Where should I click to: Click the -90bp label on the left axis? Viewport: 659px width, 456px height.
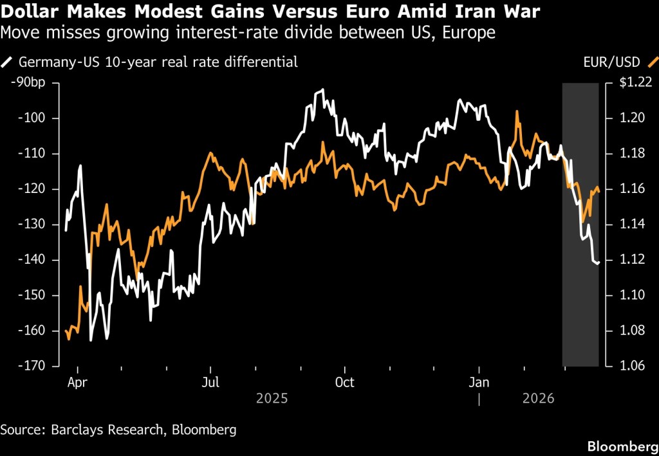point(25,82)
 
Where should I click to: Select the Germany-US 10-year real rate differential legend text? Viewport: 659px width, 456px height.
point(158,62)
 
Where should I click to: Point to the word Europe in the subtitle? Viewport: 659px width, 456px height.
point(471,33)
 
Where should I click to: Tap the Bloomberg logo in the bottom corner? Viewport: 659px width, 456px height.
point(621,446)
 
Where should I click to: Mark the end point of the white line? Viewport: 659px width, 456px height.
point(599,262)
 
